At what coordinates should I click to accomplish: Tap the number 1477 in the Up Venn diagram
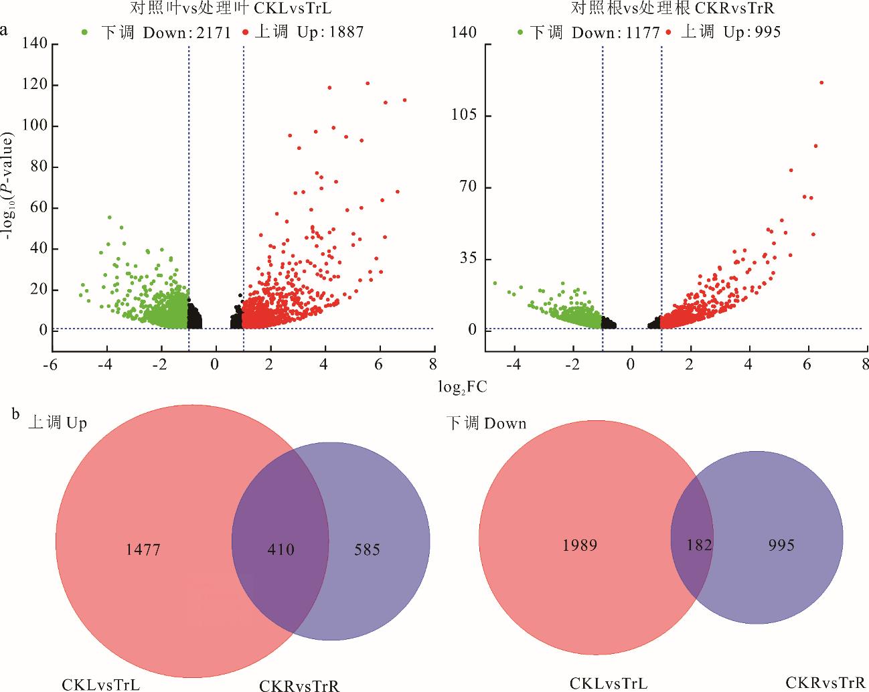point(143,549)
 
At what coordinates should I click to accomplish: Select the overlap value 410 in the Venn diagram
point(281,549)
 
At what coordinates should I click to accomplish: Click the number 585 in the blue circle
point(367,549)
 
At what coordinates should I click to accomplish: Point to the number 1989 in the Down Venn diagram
point(580,545)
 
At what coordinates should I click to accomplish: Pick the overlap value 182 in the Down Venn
point(699,545)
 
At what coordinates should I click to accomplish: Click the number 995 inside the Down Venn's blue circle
point(781,545)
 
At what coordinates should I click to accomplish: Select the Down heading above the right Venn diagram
point(487,424)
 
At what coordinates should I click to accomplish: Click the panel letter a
point(5,31)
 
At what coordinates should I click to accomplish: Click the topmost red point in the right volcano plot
point(821,82)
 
